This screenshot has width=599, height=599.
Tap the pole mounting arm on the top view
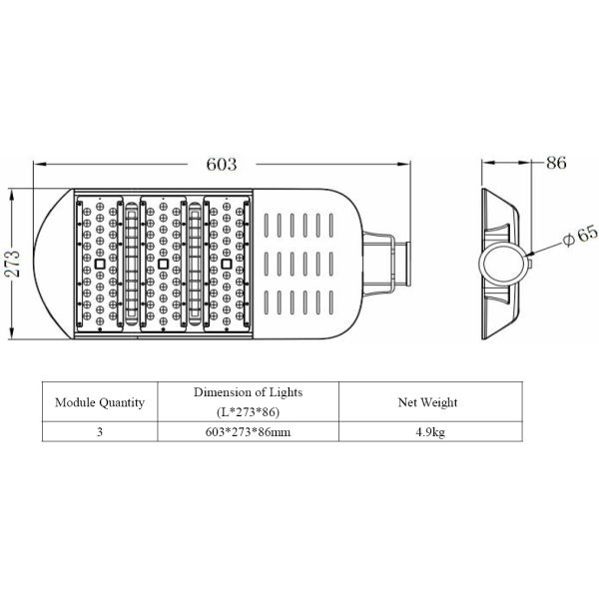tap(385, 263)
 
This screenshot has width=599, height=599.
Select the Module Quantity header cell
tap(100, 402)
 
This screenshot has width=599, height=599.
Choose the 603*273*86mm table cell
tap(248, 433)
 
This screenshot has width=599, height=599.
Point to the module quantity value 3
tap(100, 433)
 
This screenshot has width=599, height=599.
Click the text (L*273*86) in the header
tap(248, 411)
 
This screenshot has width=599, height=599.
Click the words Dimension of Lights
tap(248, 392)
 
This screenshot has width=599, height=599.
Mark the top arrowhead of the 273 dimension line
tap(11, 190)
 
